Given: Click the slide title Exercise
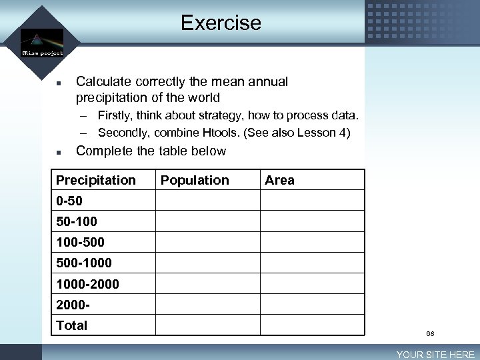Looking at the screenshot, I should click(x=221, y=23).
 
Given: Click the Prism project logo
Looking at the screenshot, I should click(x=41, y=41).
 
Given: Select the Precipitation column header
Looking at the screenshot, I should click(x=96, y=180).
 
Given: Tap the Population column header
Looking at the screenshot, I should click(x=195, y=180).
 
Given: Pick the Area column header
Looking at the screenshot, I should click(x=279, y=180).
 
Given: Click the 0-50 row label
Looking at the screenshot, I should click(x=69, y=201).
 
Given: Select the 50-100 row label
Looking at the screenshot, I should click(x=77, y=221).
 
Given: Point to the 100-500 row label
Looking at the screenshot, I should click(x=80, y=242).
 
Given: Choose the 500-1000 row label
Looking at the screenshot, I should click(x=84, y=263).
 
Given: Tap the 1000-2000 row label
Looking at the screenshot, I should click(x=87, y=284).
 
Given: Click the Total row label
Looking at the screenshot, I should click(x=72, y=325).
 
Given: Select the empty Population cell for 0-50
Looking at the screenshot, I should click(x=207, y=201).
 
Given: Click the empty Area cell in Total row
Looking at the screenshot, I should click(x=312, y=325).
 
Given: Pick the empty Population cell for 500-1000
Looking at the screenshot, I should click(x=207, y=263).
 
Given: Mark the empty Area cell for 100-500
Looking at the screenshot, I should click(x=312, y=242).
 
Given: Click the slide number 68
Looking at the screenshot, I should click(x=430, y=333).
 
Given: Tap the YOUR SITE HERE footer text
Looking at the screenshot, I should click(x=436, y=355).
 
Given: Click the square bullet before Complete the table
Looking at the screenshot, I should click(x=59, y=151).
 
